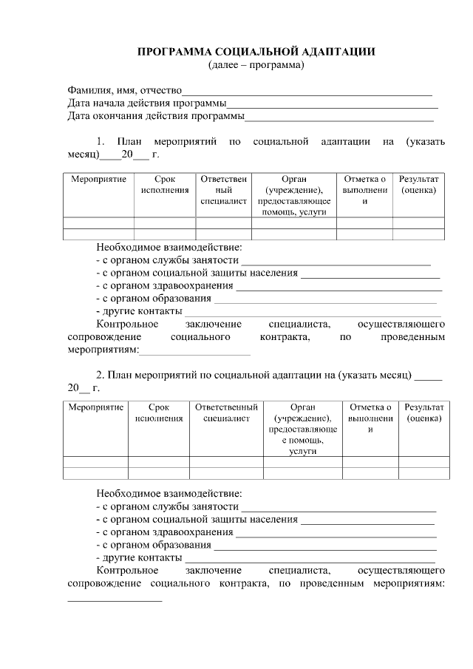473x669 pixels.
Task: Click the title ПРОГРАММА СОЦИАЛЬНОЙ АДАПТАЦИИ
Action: coord(256,52)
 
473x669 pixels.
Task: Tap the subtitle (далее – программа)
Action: coord(256,64)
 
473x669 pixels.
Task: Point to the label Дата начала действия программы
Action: coord(147,103)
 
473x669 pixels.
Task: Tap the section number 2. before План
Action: coord(101,374)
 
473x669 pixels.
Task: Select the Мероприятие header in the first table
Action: coord(98,180)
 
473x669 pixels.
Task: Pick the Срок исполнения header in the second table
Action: coord(159,412)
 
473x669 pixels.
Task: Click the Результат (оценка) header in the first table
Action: coord(418,185)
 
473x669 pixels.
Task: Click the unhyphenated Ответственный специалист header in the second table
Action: coord(226,412)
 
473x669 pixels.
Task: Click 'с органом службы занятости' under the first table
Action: coord(169,260)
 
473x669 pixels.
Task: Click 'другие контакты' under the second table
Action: coord(140,557)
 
